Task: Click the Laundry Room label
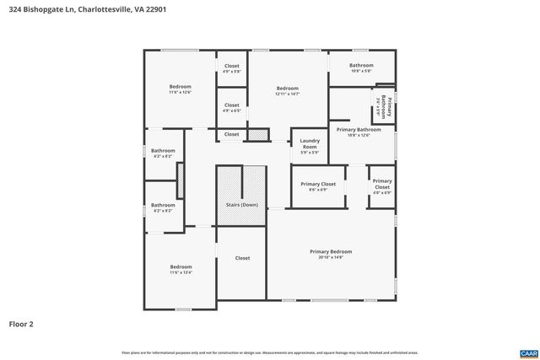click(x=310, y=143)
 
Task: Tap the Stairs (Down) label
click(x=242, y=205)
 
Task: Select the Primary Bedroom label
click(x=331, y=251)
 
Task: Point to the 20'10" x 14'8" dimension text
click(x=331, y=257)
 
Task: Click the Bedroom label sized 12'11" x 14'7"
click(x=287, y=88)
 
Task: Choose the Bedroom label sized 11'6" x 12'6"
click(x=180, y=86)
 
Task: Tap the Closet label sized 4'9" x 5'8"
click(x=231, y=66)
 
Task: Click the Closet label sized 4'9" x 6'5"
click(x=231, y=105)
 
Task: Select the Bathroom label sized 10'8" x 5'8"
click(x=361, y=65)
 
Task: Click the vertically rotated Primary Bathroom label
click(x=391, y=107)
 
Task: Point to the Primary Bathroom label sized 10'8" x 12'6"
click(x=359, y=129)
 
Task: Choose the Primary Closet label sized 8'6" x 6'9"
click(x=318, y=184)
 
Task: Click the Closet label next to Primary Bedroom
click(x=242, y=258)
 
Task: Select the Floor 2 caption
click(x=21, y=323)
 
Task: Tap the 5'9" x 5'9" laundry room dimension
click(x=310, y=153)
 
